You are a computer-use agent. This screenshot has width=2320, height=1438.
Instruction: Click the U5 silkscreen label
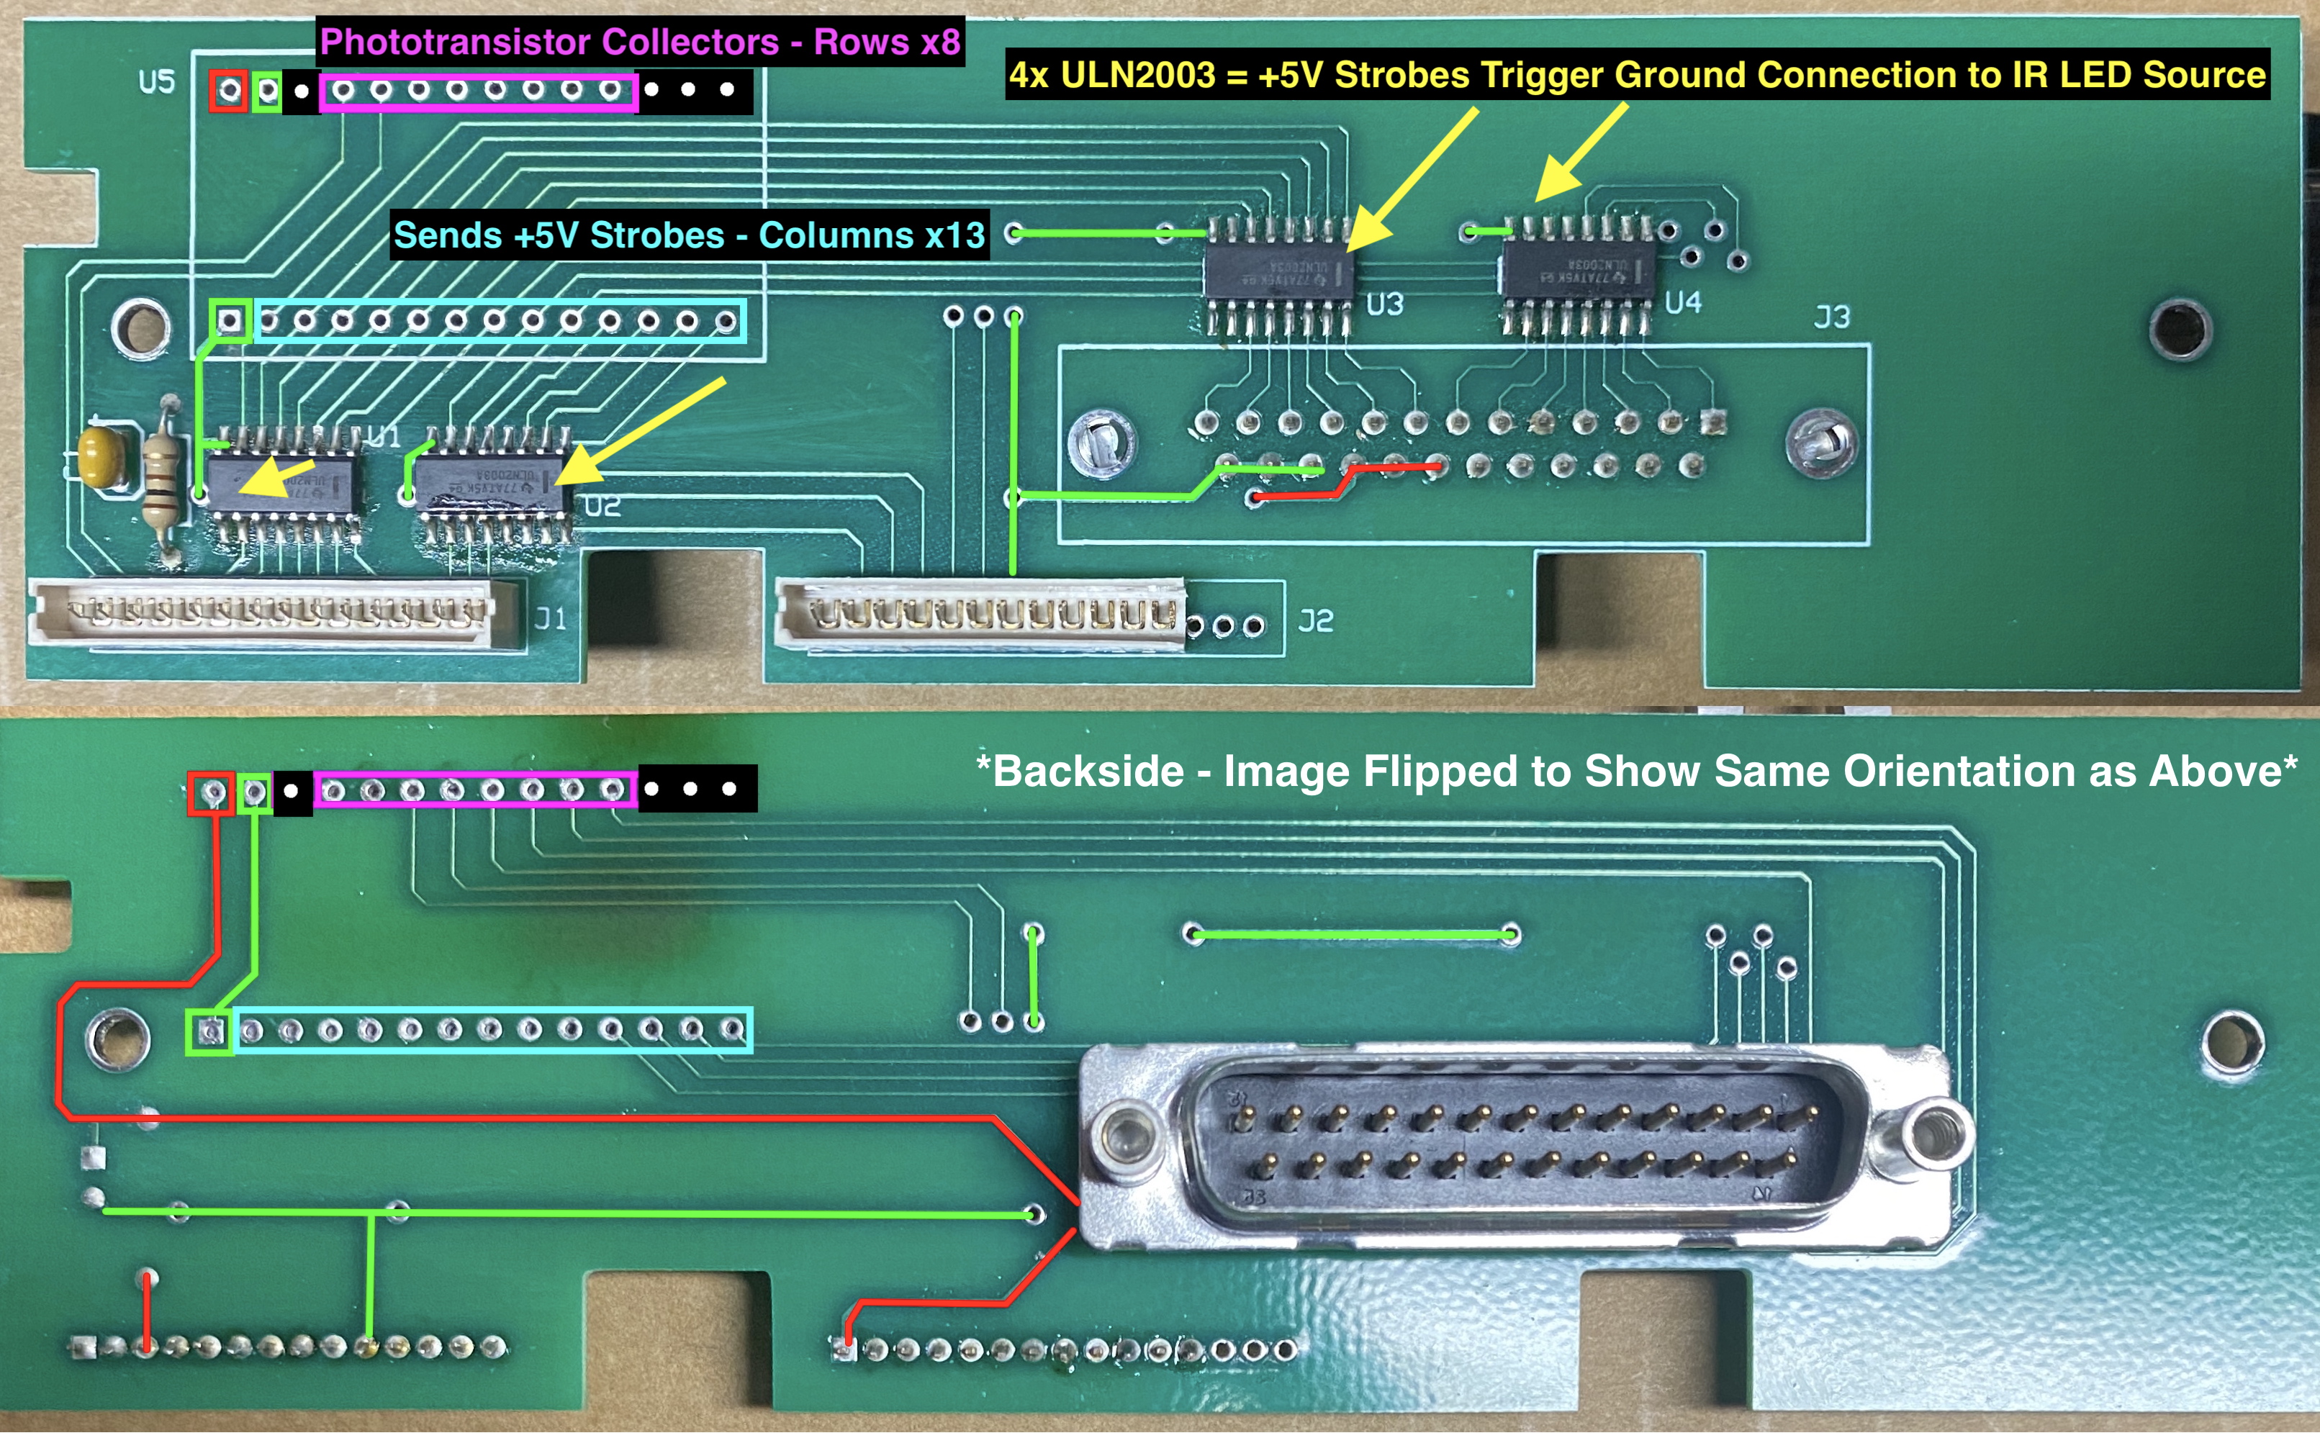click(x=157, y=82)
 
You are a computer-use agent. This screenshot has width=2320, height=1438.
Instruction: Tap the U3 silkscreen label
click(x=1384, y=304)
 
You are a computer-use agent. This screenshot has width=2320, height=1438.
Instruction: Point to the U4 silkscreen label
click(x=1682, y=302)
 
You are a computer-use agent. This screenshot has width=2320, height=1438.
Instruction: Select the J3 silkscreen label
click(x=1831, y=317)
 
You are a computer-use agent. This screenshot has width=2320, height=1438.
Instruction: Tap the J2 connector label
click(x=1316, y=622)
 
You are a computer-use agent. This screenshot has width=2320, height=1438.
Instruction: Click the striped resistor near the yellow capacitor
click(x=163, y=480)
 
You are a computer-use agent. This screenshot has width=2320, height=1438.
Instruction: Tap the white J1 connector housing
click(x=271, y=612)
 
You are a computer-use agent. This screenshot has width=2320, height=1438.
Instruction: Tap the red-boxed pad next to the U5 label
click(x=228, y=91)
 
